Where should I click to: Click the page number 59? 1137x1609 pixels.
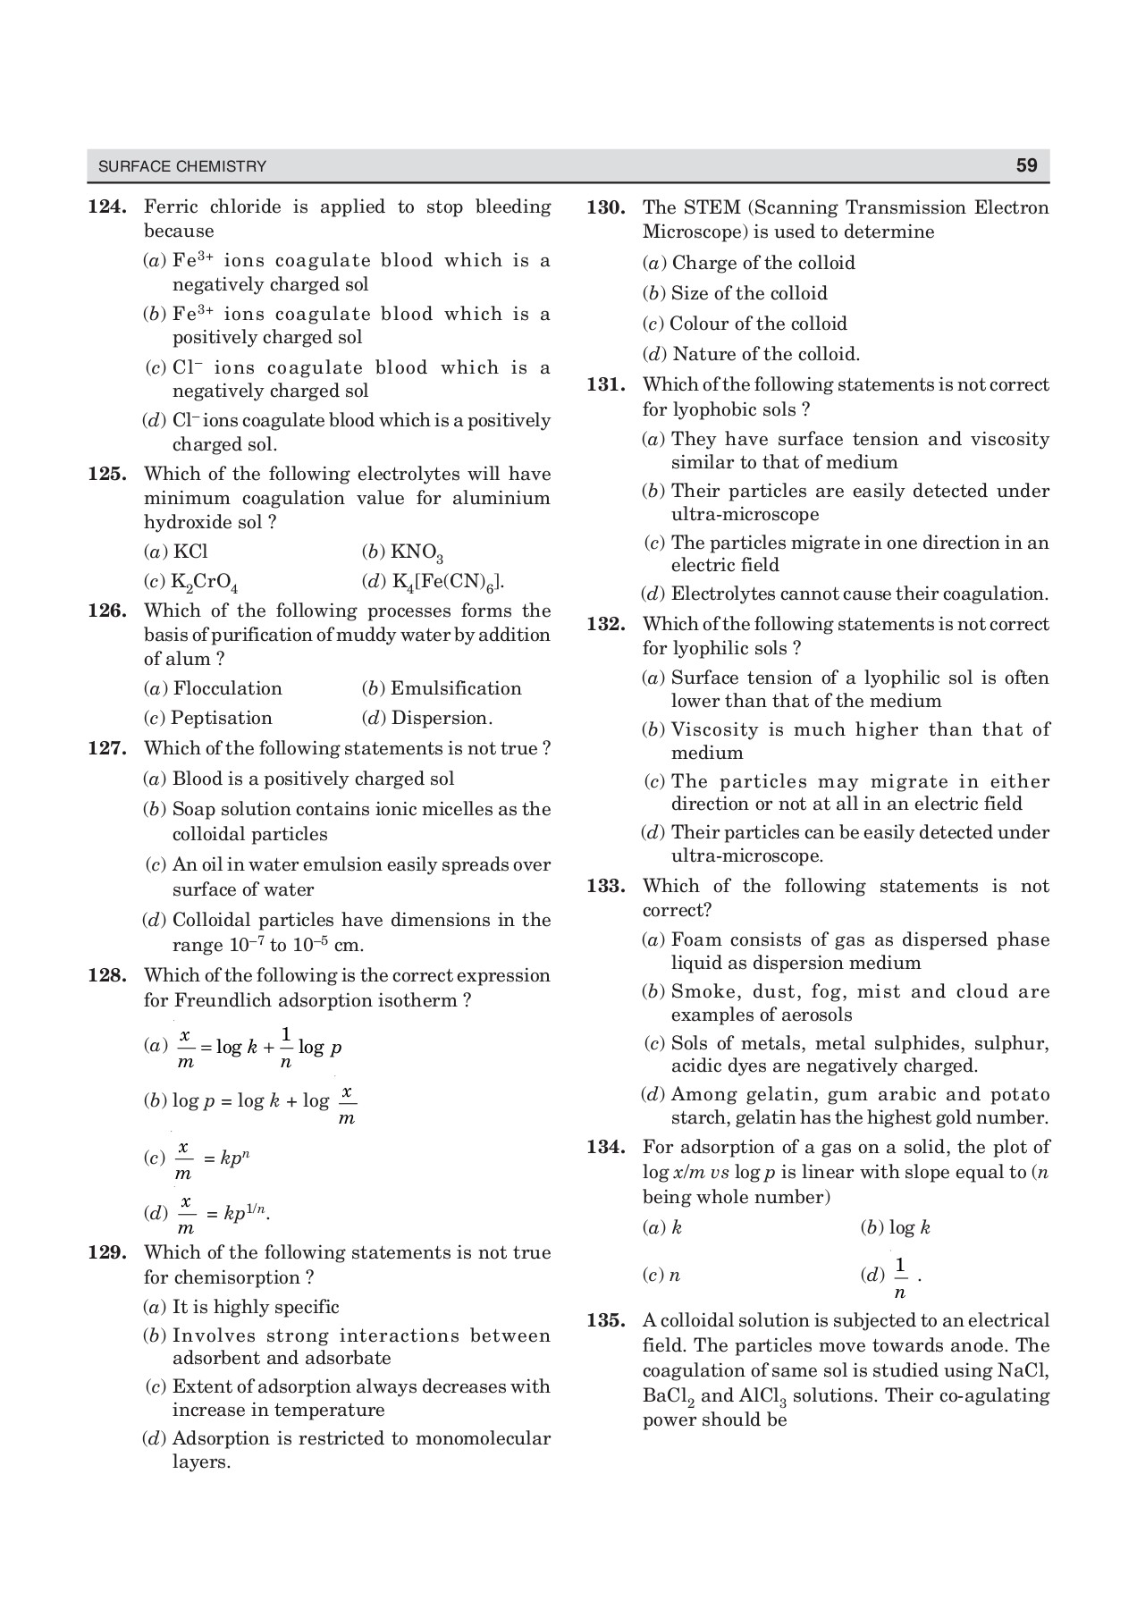coord(1026,165)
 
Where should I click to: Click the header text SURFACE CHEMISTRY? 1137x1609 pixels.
coord(182,166)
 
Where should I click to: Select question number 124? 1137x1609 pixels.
coord(107,207)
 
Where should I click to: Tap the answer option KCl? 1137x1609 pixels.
coord(189,552)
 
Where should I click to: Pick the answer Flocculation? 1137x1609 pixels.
coord(227,688)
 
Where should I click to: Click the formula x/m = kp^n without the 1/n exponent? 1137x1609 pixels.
coord(215,1159)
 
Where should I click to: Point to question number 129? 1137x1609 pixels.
coord(107,1252)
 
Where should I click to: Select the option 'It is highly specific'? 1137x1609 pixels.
coord(255,1307)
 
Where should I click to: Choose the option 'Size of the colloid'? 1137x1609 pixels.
coord(749,293)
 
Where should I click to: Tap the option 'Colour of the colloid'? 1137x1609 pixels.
coord(758,324)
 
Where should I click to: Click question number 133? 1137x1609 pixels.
coord(605,886)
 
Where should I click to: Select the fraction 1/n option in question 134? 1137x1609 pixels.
coord(899,1277)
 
